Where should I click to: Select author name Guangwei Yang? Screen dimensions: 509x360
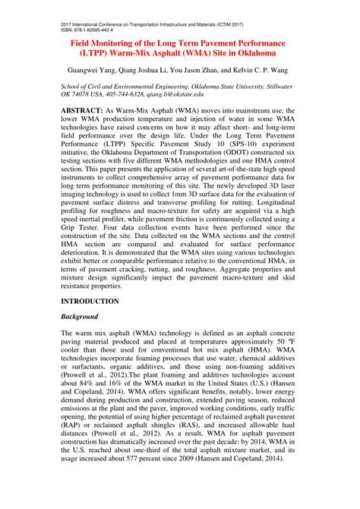point(89,71)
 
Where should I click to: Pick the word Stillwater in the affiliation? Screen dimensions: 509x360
point(274,86)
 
